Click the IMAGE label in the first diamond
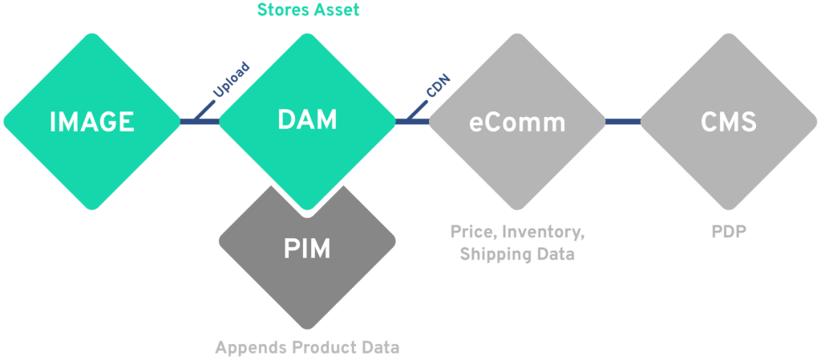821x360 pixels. (x=91, y=122)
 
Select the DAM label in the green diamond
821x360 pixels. (x=307, y=120)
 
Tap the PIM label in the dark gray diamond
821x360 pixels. (x=307, y=249)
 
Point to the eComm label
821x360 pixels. (x=517, y=122)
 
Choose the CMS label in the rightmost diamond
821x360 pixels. (x=728, y=122)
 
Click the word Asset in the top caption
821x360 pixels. (x=338, y=10)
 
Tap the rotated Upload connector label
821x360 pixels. (x=230, y=80)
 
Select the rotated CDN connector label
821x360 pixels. (x=438, y=86)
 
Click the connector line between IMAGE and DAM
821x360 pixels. (x=199, y=122)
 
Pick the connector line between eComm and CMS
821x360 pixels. (x=623, y=122)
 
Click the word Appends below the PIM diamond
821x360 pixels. (x=248, y=349)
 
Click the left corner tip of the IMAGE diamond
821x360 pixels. (x=4, y=122)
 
